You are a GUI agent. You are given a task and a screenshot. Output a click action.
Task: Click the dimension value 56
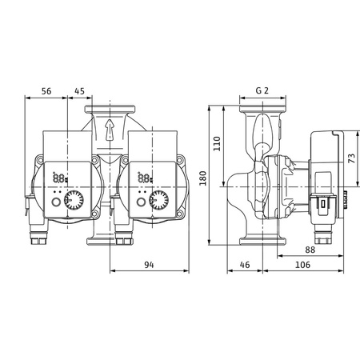tap(46, 91)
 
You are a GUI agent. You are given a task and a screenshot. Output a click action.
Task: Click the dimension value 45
tap(80, 91)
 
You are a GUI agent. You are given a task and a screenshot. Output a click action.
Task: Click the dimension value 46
tap(245, 263)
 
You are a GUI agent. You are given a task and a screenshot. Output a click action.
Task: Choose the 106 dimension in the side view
tap(302, 263)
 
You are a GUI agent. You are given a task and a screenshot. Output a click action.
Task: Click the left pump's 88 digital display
tap(59, 178)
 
